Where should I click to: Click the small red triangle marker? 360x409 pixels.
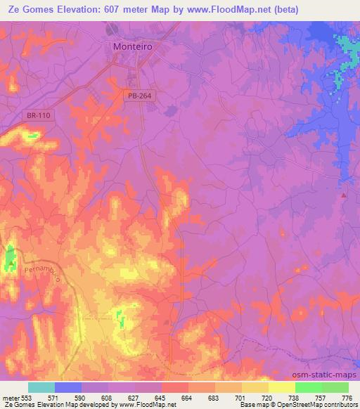click(x=344, y=195)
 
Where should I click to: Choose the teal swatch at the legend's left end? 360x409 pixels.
click(x=41, y=387)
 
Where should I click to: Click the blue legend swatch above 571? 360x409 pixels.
click(x=68, y=387)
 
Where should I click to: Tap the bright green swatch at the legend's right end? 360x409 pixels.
click(x=335, y=387)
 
